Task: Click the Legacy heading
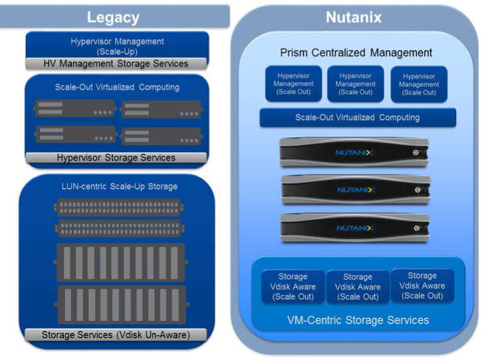(x=113, y=17)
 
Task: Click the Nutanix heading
(x=354, y=17)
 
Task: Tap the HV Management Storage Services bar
(x=116, y=64)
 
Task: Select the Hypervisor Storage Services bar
(x=116, y=157)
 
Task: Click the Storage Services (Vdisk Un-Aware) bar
(x=116, y=335)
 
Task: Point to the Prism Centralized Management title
(x=356, y=53)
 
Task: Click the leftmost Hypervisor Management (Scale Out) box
(x=294, y=84)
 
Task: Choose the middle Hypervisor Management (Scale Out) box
(x=356, y=84)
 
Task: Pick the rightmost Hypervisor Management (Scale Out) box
(x=419, y=84)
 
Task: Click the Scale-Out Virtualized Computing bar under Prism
(x=358, y=118)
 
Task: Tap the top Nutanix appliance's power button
(x=416, y=152)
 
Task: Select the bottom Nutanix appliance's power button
(x=417, y=228)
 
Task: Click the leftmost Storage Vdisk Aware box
(x=293, y=286)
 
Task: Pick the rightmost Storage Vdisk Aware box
(x=422, y=286)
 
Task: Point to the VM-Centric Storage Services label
(x=358, y=320)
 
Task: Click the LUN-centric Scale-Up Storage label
(x=119, y=187)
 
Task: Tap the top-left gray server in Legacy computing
(x=74, y=108)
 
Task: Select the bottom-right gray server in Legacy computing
(x=162, y=136)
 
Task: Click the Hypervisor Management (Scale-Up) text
(x=117, y=46)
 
